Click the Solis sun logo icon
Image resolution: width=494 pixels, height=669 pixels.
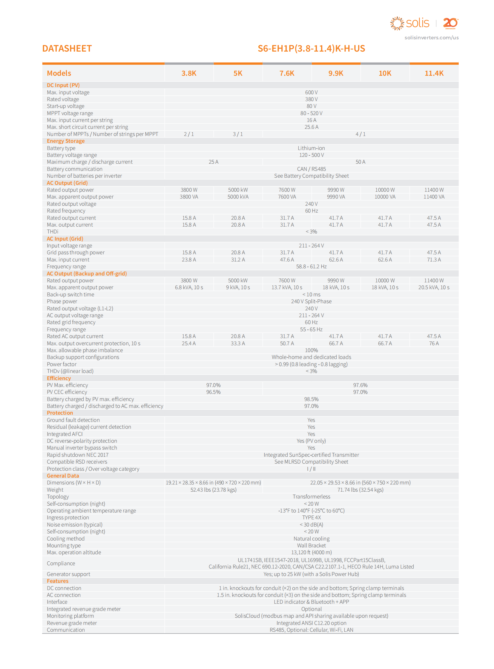397,23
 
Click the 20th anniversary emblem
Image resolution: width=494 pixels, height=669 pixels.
450,23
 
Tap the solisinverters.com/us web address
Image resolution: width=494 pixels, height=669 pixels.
431,38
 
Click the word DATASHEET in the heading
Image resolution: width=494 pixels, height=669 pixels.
67,48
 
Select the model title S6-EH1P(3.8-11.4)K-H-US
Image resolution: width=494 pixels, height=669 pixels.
311,48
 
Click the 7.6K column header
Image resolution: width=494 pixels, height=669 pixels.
287,73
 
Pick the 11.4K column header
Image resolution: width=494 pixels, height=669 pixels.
434,73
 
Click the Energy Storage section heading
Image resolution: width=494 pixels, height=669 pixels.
65,141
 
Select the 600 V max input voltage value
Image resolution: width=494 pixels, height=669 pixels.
311,92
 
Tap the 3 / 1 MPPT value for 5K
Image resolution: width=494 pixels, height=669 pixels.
238,134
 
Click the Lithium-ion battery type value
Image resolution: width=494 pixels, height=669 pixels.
311,148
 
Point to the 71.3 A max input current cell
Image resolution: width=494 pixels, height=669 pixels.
434,260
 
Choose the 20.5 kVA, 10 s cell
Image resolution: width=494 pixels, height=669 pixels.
434,287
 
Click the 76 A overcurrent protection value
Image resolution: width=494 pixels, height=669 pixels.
434,343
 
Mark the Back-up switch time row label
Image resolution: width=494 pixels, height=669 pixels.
70,295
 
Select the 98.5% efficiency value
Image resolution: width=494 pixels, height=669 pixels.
311,399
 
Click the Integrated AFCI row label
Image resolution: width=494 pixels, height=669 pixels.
65,434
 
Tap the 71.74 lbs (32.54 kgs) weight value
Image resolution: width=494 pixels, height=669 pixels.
360,490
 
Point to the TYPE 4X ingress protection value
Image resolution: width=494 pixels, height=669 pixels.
311,518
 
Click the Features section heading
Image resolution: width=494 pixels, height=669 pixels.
57,581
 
